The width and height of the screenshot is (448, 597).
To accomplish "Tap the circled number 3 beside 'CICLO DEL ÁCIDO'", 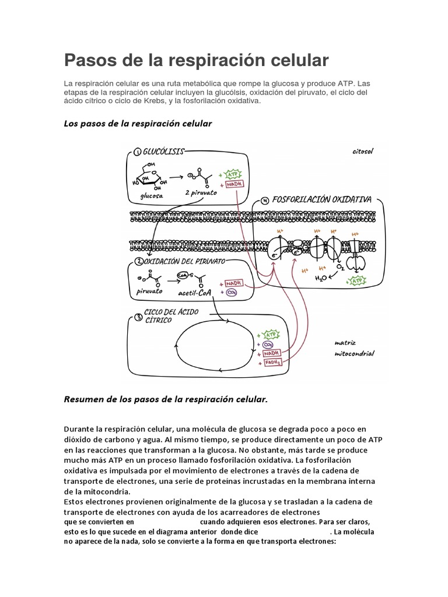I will click(138, 317).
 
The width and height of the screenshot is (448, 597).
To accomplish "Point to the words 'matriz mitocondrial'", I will click(354, 348).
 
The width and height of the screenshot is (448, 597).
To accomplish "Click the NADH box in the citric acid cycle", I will click(271, 353).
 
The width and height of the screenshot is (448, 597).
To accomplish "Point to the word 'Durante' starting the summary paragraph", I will click(81, 429).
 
